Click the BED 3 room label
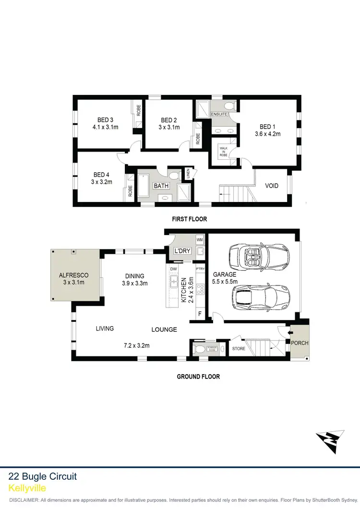(x=105, y=120)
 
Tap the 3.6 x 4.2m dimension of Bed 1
(x=267, y=134)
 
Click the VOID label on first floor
(x=272, y=186)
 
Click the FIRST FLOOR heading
(x=190, y=219)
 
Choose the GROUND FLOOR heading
(x=198, y=377)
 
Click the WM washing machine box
(x=200, y=239)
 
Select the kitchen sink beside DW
(x=173, y=282)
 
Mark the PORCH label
(x=300, y=343)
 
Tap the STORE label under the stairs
(x=239, y=349)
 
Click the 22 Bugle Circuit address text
(x=43, y=476)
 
